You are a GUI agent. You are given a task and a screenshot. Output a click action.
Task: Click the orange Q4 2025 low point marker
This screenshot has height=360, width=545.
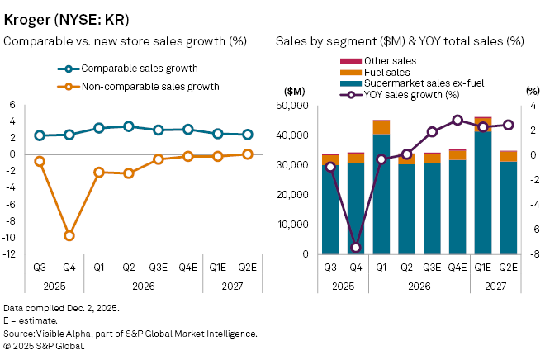point(69,235)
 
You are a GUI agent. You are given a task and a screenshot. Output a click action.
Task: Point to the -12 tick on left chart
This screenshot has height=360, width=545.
point(11,254)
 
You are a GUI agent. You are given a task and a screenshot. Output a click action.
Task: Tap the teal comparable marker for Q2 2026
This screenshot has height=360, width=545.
point(129,126)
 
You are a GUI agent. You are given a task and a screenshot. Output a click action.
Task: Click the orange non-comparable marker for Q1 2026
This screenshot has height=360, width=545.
point(99,173)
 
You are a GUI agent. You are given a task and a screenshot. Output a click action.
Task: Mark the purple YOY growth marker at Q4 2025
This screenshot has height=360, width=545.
point(357,248)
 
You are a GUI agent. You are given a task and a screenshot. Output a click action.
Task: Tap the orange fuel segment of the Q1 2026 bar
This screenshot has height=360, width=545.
point(382,127)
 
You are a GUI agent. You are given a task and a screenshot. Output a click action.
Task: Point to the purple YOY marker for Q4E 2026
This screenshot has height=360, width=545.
point(458,120)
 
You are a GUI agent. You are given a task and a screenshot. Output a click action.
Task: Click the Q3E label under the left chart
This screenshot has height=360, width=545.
point(159,267)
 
